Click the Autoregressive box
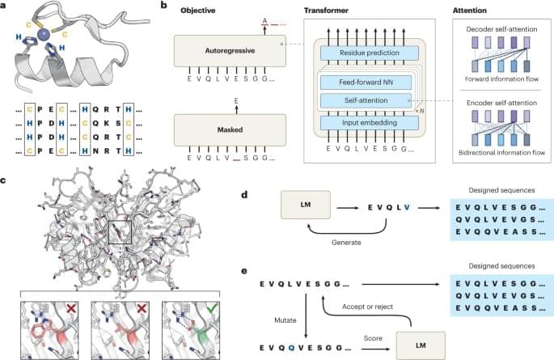click(x=231, y=50)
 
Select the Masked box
click(x=231, y=129)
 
